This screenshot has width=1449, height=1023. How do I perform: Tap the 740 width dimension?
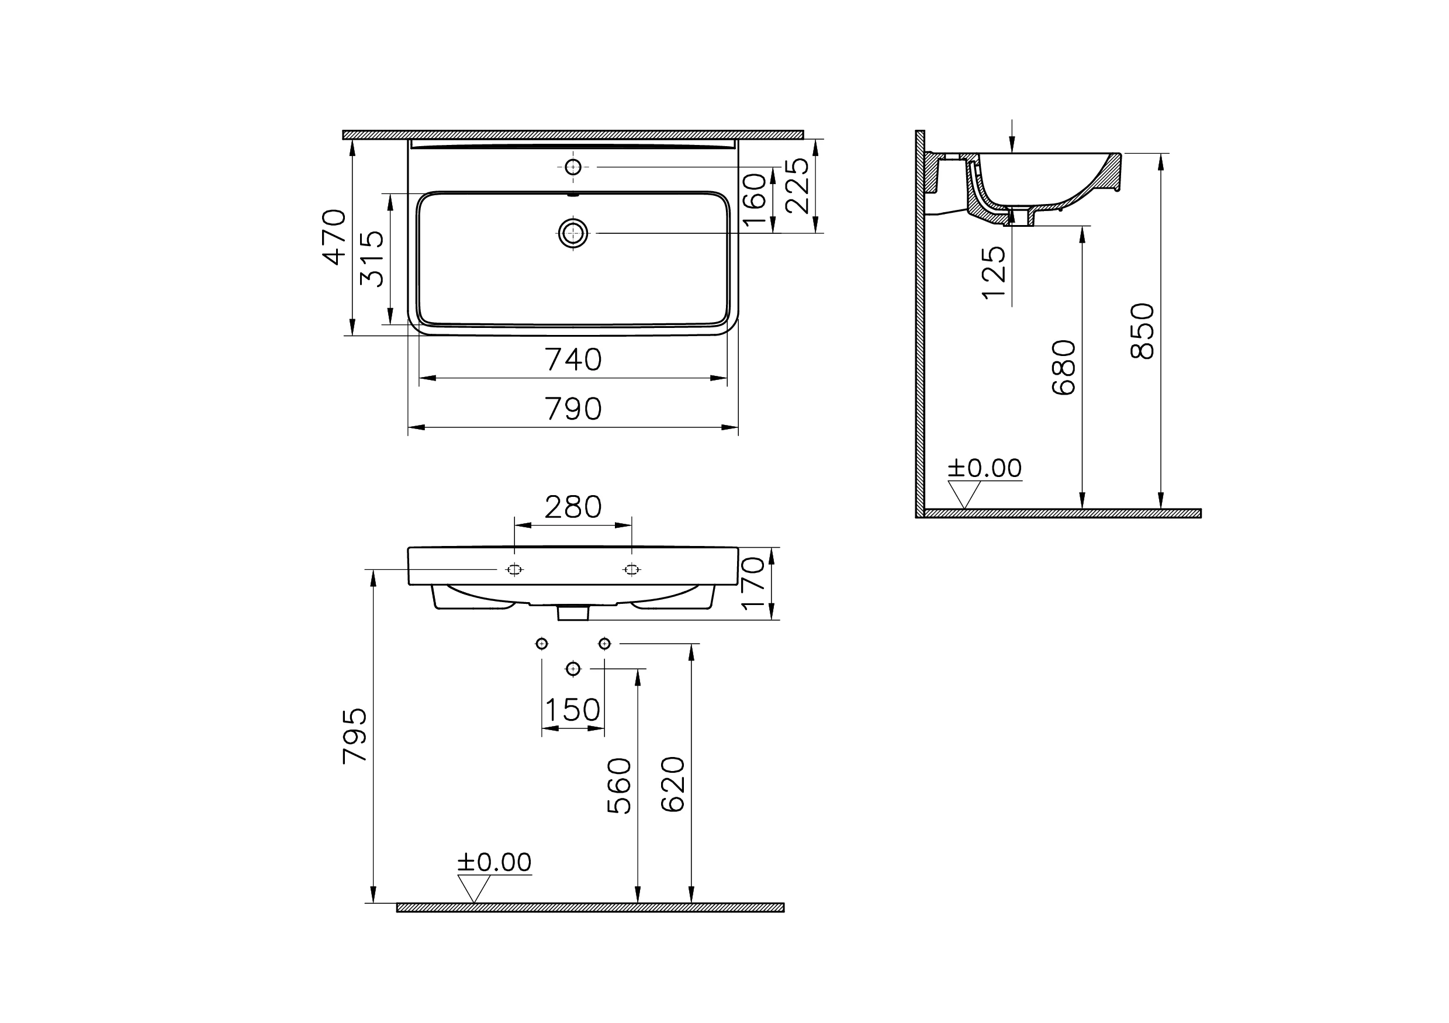click(x=573, y=360)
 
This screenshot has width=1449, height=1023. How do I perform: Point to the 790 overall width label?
click(x=573, y=410)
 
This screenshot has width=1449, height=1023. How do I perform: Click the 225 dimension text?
click(x=797, y=185)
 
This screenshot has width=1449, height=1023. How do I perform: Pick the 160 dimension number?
click(x=755, y=200)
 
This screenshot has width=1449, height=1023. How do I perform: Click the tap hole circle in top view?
click(x=573, y=167)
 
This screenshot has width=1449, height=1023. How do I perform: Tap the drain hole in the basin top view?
click(x=573, y=233)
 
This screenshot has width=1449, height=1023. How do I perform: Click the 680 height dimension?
click(x=1064, y=368)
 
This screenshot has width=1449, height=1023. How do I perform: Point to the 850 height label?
click(x=1142, y=331)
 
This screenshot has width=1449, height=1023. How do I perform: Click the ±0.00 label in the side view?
click(x=984, y=468)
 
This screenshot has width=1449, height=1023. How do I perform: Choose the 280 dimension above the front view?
click(x=573, y=507)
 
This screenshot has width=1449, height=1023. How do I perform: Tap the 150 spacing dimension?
click(x=572, y=710)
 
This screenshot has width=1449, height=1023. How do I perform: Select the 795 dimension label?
click(x=355, y=736)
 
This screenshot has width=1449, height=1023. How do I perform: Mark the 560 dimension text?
click(x=619, y=786)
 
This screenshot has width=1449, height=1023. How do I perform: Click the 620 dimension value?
click(x=673, y=784)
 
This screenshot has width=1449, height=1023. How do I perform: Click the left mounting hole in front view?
click(x=514, y=570)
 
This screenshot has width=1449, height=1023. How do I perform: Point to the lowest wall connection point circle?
click(x=573, y=668)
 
